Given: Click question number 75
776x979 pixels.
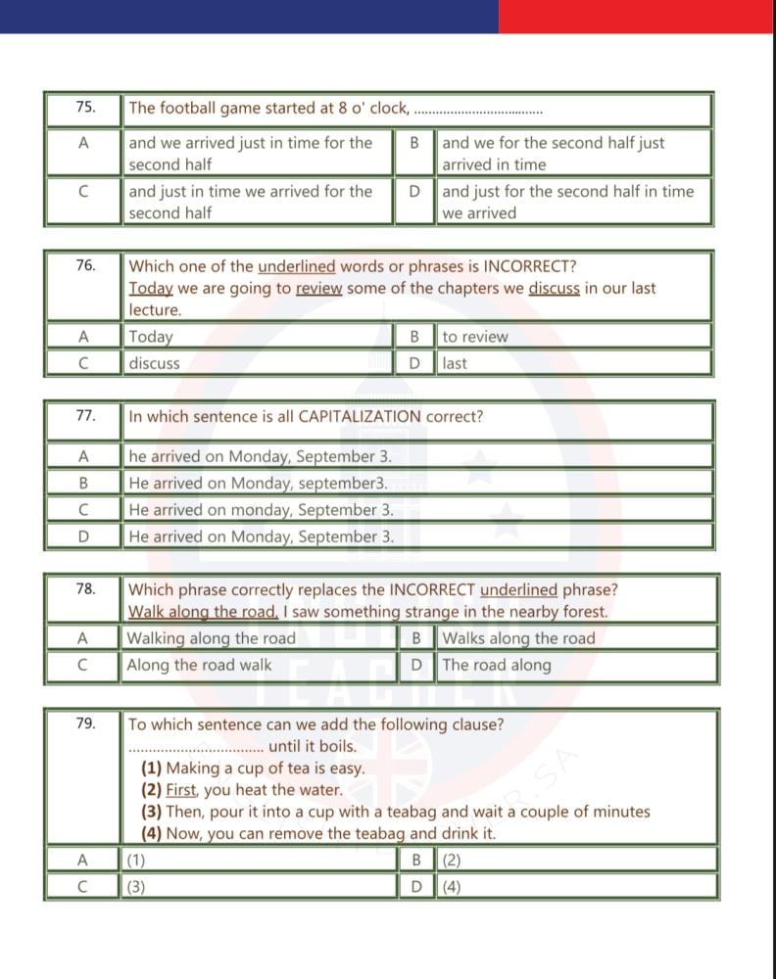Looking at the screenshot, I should pos(85,108).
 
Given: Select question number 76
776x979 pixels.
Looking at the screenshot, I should pos(85,265).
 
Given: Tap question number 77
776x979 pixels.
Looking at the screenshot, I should pos(85,416).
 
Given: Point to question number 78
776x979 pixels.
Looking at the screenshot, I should pos(85,589).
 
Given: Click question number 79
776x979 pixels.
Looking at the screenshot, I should pos(85,723).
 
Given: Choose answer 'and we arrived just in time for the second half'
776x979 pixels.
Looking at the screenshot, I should pos(251,154).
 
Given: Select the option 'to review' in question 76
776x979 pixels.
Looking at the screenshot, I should pos(475,337).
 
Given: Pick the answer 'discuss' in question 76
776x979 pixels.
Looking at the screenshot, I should pos(155,363).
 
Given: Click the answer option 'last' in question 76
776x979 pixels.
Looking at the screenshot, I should pos(455,363).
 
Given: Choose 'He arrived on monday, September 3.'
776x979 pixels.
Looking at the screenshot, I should pos(262,510).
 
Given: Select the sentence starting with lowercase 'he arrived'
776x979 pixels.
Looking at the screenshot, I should pos(261,456).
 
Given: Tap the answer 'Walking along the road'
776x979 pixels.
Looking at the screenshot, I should pos(212,638).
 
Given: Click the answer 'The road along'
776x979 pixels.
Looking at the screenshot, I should pos(497,665).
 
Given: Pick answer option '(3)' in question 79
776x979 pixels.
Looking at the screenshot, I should pos(136,887).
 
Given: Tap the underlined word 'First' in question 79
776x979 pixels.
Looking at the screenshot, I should pos(181,790).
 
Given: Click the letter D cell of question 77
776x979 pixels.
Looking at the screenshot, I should pos(83,536).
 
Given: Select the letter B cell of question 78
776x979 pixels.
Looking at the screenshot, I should pos(416,638).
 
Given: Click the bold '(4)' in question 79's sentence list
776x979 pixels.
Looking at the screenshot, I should pos(151,834).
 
